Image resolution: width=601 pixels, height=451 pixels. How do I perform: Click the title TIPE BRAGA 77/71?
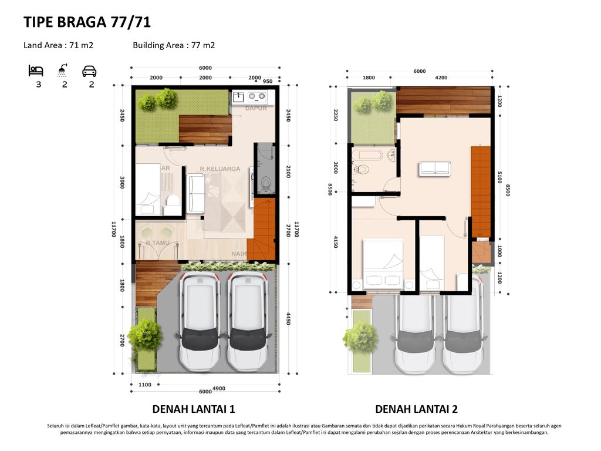click(87, 22)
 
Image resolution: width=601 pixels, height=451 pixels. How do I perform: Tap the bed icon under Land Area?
click(36, 71)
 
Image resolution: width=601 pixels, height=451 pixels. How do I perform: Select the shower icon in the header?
click(62, 70)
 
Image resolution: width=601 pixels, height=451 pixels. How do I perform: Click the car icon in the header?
click(89, 71)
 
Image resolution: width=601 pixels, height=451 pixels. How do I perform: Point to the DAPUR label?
click(256, 108)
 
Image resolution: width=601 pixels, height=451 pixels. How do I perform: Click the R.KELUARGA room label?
click(220, 169)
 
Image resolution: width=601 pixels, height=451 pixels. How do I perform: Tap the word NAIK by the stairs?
click(238, 254)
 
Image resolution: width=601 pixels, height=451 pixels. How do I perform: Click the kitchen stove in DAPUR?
click(256, 95)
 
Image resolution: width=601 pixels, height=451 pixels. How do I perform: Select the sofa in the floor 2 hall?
click(435, 169)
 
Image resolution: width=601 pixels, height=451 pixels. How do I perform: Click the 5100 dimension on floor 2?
click(499, 177)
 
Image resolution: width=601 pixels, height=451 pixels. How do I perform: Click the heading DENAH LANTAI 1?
click(193, 409)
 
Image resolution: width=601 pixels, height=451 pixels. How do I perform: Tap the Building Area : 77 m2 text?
click(174, 45)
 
